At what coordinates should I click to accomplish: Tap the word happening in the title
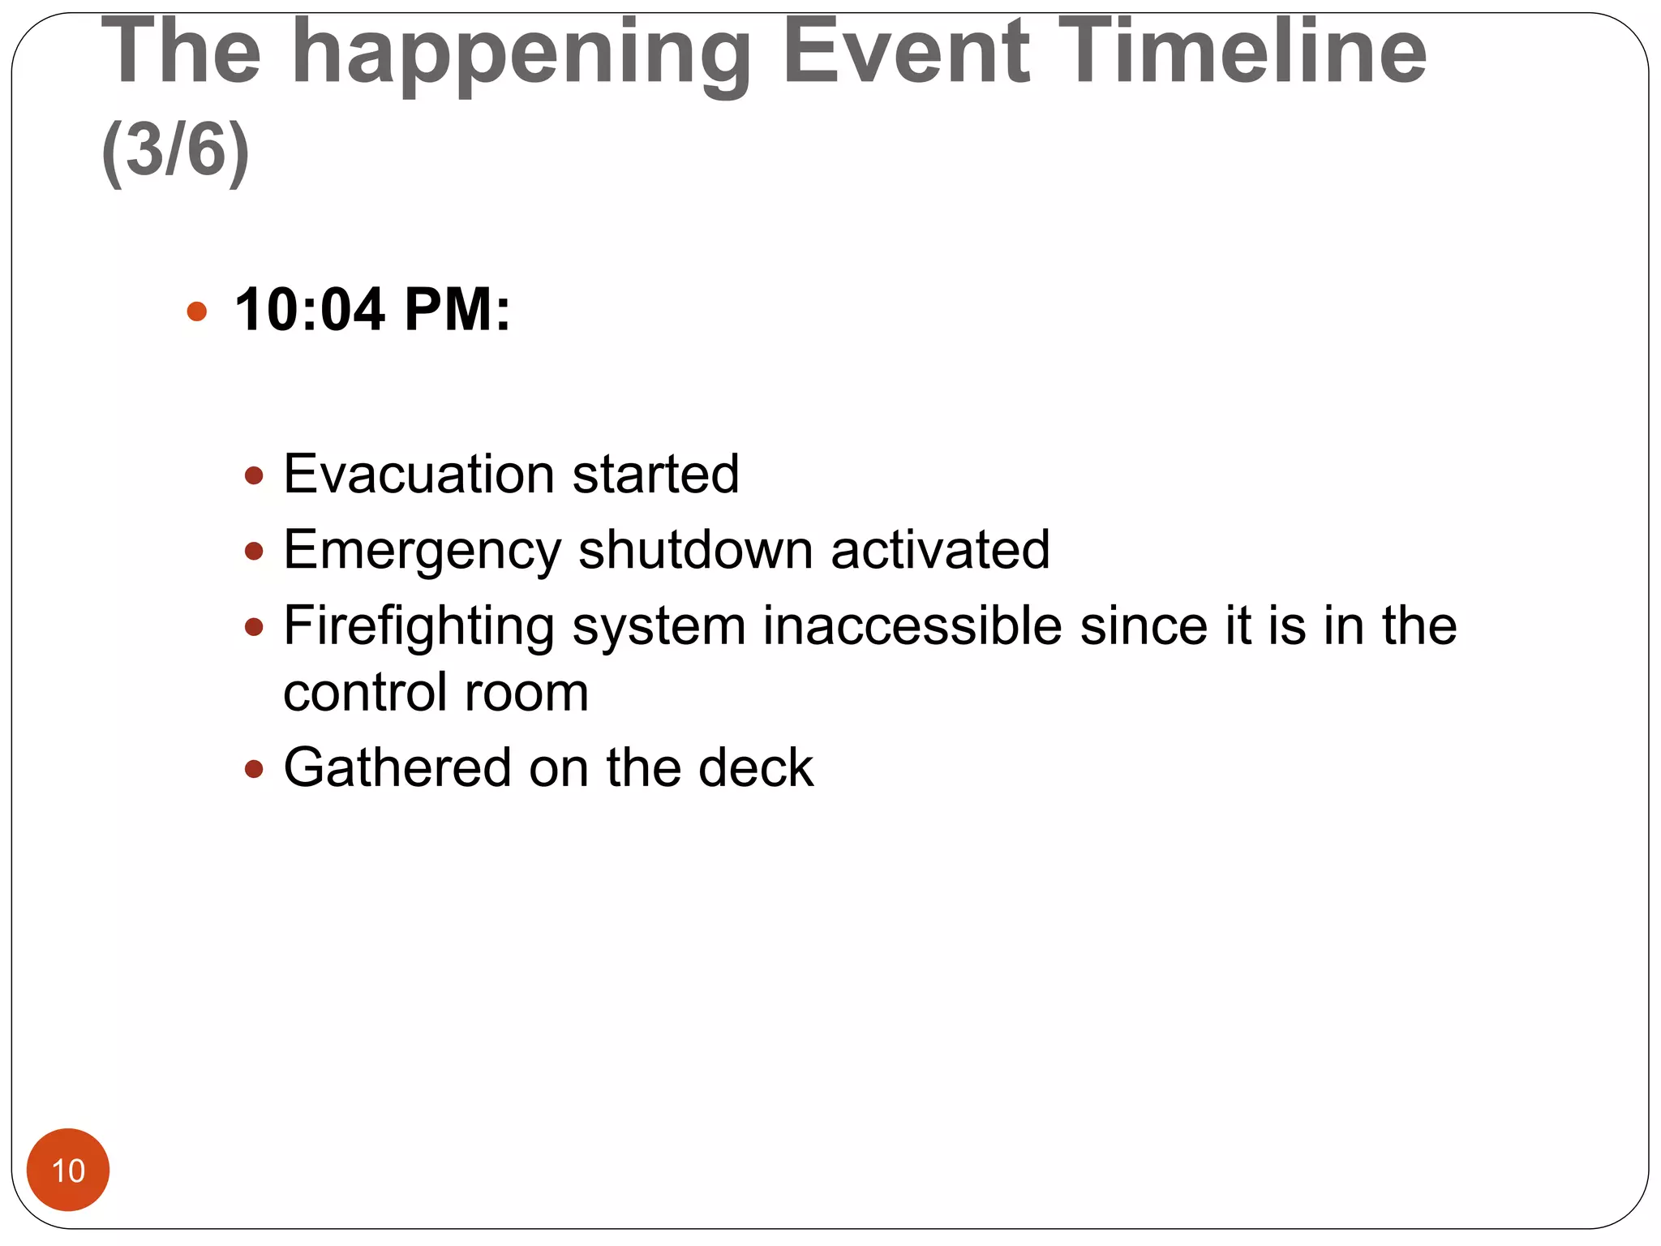521,55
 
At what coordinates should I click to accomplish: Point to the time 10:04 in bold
309,310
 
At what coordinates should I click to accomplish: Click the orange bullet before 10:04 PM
196,311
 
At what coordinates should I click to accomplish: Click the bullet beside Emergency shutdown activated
254,552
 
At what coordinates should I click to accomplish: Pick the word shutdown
695,550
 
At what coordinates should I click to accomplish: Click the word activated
940,550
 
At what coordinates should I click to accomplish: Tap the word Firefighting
418,627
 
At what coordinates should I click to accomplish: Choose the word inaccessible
912,626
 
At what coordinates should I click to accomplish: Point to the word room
526,694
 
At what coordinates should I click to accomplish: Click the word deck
755,767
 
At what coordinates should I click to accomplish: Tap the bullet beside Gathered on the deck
254,768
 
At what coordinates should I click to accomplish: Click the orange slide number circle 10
68,1170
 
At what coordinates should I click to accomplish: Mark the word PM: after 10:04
457,310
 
